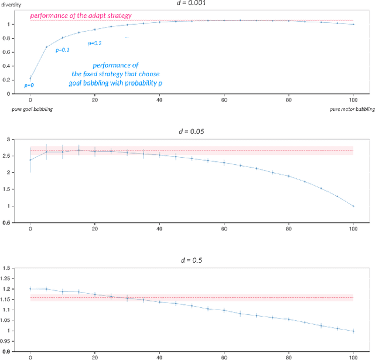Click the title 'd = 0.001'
pyautogui.click(x=192, y=3)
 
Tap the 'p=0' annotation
pyautogui.click(x=29, y=86)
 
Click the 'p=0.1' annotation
pyautogui.click(x=62, y=50)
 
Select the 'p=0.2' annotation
pyautogui.click(x=94, y=43)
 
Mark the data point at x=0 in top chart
pyautogui.click(x=30, y=79)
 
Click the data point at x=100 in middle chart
pyautogui.click(x=353, y=206)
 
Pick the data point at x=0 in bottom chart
pyautogui.click(x=30, y=288)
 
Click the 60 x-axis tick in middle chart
pyautogui.click(x=223, y=230)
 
